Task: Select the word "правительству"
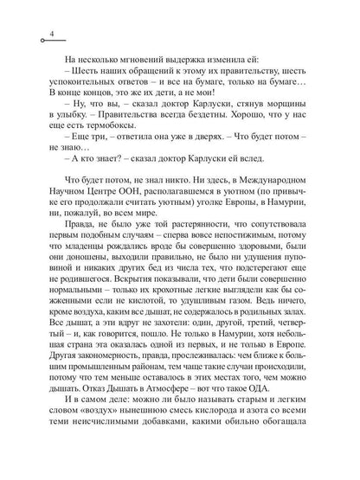click(x=236, y=67)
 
